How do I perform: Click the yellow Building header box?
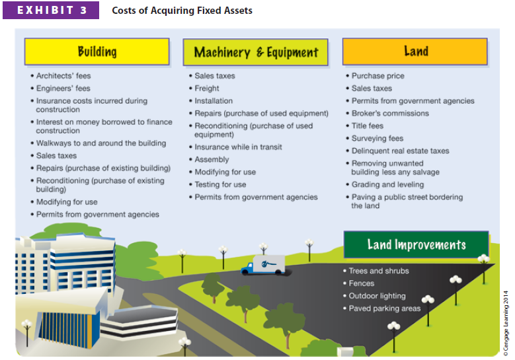pos(97,52)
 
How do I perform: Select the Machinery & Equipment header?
pos(255,52)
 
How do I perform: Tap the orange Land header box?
pos(415,51)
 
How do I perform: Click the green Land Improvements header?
pos(416,244)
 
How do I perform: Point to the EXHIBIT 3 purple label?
pos(52,11)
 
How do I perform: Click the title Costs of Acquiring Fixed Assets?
pos(182,11)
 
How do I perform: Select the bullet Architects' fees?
pos(63,76)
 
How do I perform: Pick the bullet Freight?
pos(207,89)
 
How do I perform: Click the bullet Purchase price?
pos(377,76)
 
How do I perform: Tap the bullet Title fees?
pos(367,126)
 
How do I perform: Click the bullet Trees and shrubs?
pos(378,271)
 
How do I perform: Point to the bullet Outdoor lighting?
pos(377,296)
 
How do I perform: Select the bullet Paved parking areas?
pos(384,308)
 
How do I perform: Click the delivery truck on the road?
pos(262,265)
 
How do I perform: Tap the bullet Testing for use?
pos(220,185)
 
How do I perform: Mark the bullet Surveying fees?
pos(377,138)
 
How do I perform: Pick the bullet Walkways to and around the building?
pos(100,143)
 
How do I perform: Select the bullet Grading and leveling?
pos(387,185)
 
